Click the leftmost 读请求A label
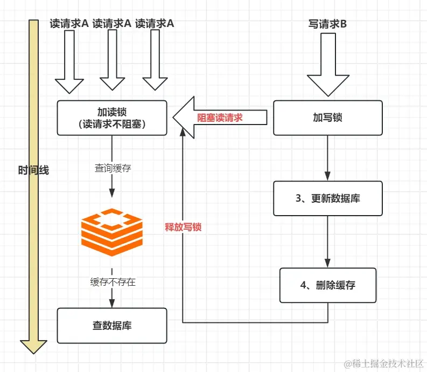point(69,23)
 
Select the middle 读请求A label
point(112,23)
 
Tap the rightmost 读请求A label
point(155,23)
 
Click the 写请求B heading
point(327,24)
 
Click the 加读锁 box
point(112,118)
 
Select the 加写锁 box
point(327,118)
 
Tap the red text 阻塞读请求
point(220,118)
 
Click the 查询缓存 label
point(113,168)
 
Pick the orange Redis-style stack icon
point(112,232)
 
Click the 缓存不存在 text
point(113,281)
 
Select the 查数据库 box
point(112,326)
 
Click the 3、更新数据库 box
point(327,198)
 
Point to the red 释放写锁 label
point(183,227)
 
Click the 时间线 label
point(33,170)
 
